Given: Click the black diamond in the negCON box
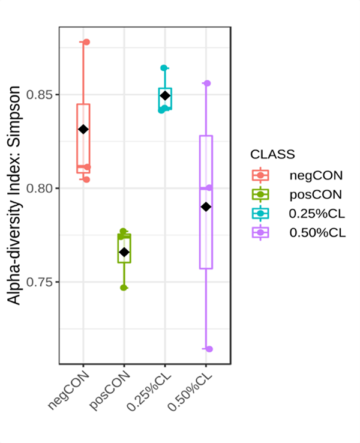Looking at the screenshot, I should pos(83,129).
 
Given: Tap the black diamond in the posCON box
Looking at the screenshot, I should pos(124,252).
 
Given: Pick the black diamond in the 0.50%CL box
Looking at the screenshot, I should pos(206,206).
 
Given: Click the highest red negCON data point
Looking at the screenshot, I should pos(86,42).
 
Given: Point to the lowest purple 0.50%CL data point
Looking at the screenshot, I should pos(209,349).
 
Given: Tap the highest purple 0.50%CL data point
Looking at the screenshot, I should pos(207,83).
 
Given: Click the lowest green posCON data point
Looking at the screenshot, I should pos(124,288).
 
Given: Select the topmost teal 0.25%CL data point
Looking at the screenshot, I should pos(164,68).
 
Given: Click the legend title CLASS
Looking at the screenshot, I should pos(272,154).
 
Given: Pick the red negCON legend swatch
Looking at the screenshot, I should pos(261,175).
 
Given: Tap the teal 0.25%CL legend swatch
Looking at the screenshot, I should pos(261,214).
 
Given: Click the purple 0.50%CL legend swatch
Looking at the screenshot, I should pos(261,233).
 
